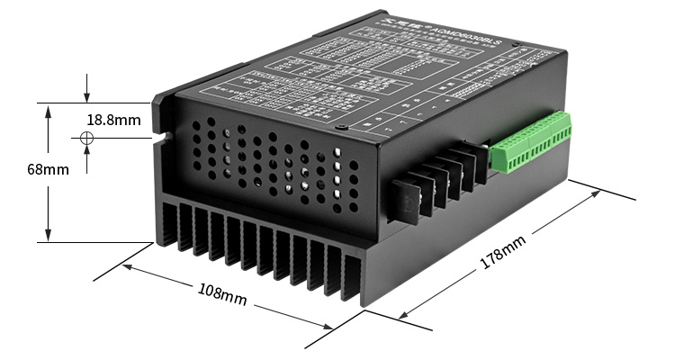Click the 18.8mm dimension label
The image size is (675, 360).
(x=113, y=120)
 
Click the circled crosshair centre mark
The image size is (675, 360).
(x=86, y=138)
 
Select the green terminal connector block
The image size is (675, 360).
(x=531, y=144)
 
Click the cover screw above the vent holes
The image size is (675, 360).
(x=339, y=128)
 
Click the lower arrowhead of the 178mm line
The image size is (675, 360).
(x=401, y=316)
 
